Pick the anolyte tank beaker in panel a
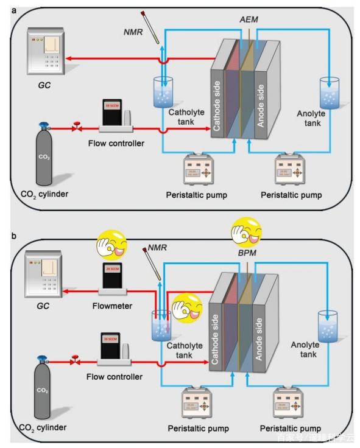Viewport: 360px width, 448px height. pos(330,92)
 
